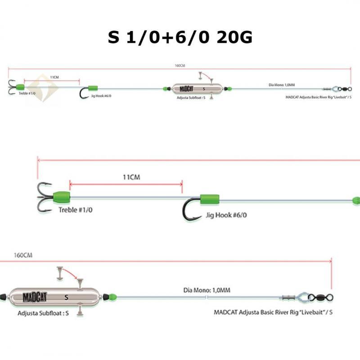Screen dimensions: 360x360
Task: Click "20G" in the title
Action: pos(234,37)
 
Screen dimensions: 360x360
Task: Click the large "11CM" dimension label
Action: pos(131,177)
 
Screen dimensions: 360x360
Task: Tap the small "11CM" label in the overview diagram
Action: pos(54,77)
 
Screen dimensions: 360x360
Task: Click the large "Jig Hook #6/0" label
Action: pos(225,215)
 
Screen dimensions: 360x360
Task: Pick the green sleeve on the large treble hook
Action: pos(62,197)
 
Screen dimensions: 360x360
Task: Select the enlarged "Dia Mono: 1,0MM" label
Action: pos(207,290)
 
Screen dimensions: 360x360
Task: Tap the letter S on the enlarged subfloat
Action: pos(67,297)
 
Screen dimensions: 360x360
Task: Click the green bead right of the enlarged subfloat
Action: pos(112,297)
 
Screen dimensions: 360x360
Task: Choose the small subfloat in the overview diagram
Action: pos(196,89)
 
